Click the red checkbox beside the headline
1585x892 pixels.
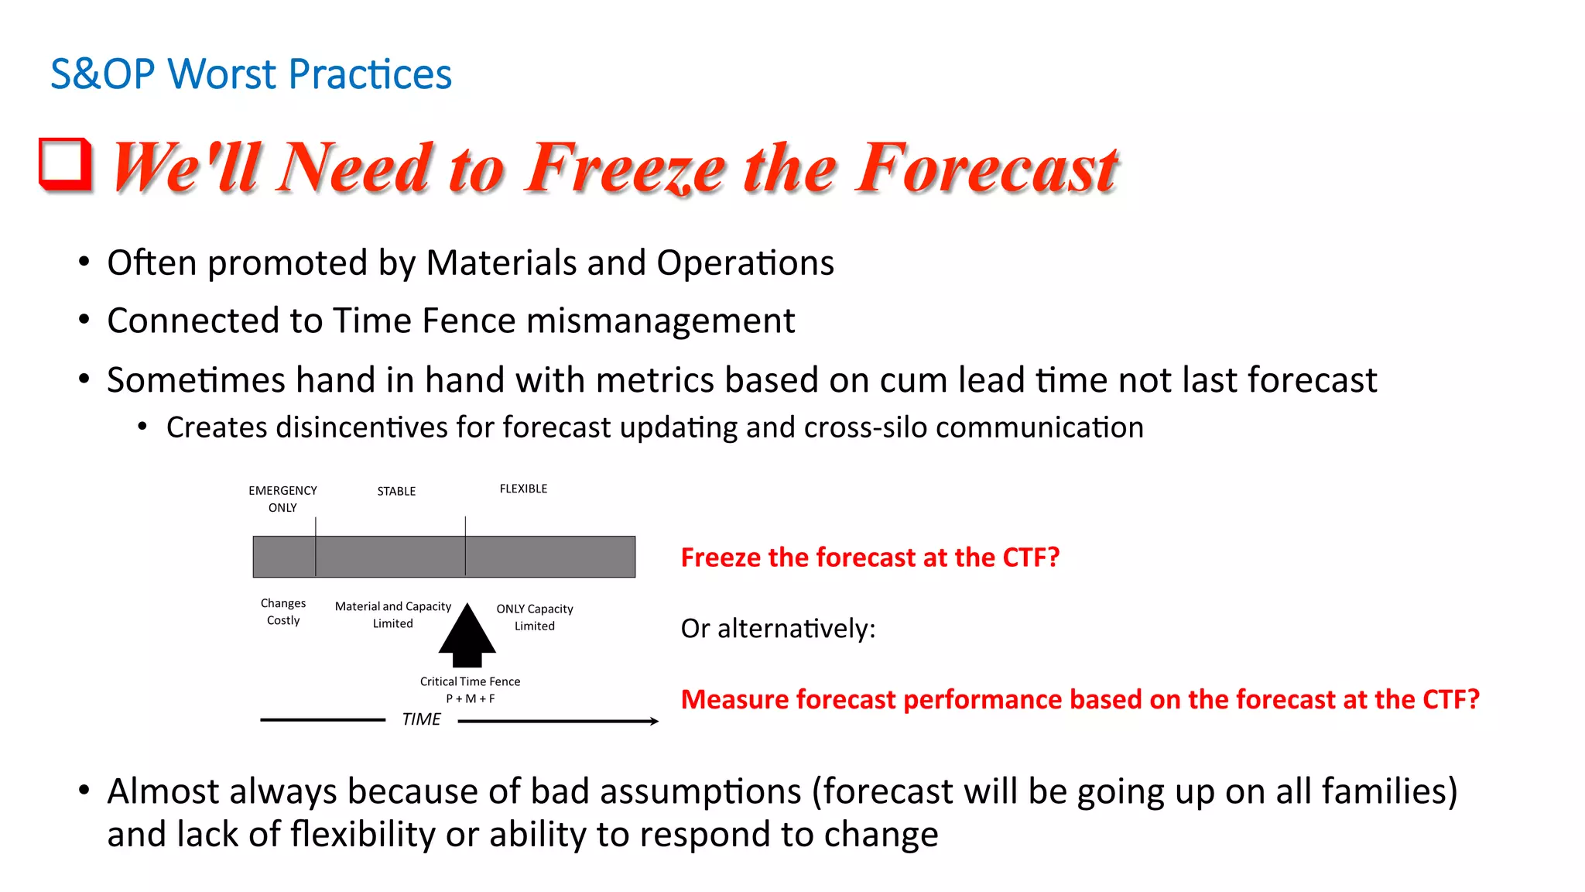pyautogui.click(x=65, y=164)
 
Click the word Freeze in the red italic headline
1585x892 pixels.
pyautogui.click(x=625, y=168)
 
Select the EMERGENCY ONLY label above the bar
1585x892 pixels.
pyautogui.click(x=282, y=499)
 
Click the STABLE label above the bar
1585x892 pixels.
pyautogui.click(x=396, y=492)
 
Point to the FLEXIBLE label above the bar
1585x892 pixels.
pyautogui.click(x=523, y=489)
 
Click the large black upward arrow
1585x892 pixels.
pyautogui.click(x=467, y=636)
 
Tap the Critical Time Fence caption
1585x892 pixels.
pyautogui.click(x=470, y=681)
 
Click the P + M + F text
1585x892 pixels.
pyautogui.click(x=470, y=698)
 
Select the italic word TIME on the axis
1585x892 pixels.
pyautogui.click(x=421, y=719)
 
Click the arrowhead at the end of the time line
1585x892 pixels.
pyautogui.click(x=654, y=721)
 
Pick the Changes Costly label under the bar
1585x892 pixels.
pyautogui.click(x=283, y=612)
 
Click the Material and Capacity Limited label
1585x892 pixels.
pyautogui.click(x=392, y=615)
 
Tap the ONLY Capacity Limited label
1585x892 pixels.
pyautogui.click(x=535, y=617)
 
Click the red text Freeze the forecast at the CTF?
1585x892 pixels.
pyautogui.click(x=870, y=557)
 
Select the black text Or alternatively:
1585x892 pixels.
pyautogui.click(x=778, y=628)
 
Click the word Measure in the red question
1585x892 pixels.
pyautogui.click(x=734, y=699)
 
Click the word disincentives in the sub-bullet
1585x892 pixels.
pyautogui.click(x=361, y=427)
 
